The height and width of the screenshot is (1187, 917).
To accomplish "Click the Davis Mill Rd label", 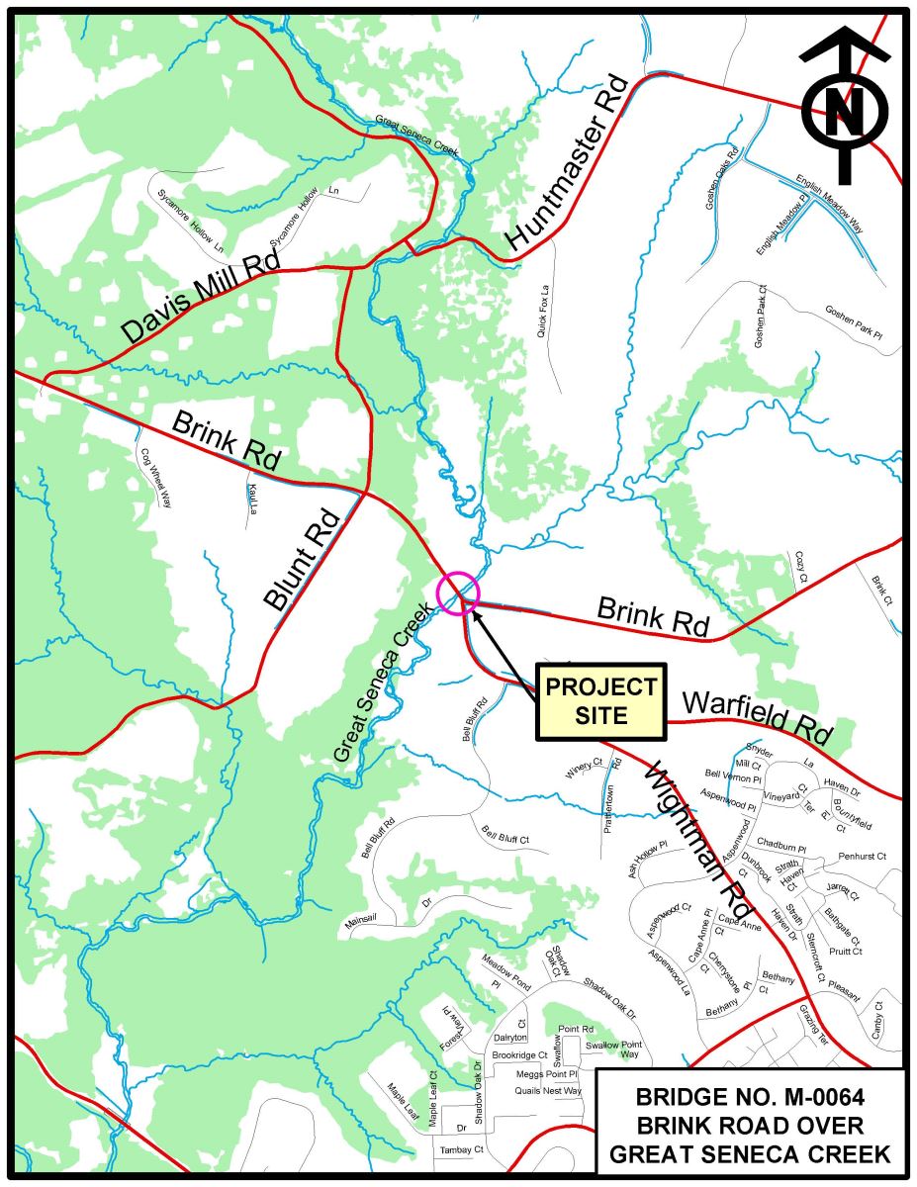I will [x=202, y=296].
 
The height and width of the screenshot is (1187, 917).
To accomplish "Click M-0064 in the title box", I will [x=806, y=1096].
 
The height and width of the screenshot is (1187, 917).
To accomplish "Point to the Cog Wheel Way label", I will [x=154, y=474].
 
